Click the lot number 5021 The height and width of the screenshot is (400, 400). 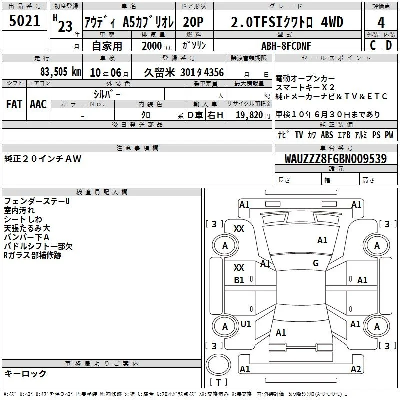point(24,21)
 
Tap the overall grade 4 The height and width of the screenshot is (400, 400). point(381,22)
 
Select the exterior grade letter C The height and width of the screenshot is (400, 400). point(373,45)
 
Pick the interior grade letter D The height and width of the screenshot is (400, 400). point(389,45)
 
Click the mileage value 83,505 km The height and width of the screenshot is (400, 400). point(61,72)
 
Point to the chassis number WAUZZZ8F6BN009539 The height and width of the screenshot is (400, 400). point(336,159)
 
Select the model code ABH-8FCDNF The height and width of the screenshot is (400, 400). point(286,46)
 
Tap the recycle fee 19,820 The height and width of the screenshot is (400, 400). point(249,115)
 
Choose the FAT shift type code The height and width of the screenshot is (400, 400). point(14,104)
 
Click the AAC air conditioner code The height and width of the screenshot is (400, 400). point(38,104)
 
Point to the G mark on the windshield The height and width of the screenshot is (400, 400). point(316,263)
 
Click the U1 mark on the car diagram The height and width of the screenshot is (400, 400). point(246,324)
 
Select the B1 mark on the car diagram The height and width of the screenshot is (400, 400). point(239,280)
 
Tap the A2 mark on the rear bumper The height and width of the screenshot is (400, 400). point(356,369)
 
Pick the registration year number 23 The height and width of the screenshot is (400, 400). point(65,26)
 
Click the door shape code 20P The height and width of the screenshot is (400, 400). point(193,22)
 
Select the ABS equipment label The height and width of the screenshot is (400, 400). point(327,135)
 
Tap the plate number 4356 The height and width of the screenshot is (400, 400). point(214,72)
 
